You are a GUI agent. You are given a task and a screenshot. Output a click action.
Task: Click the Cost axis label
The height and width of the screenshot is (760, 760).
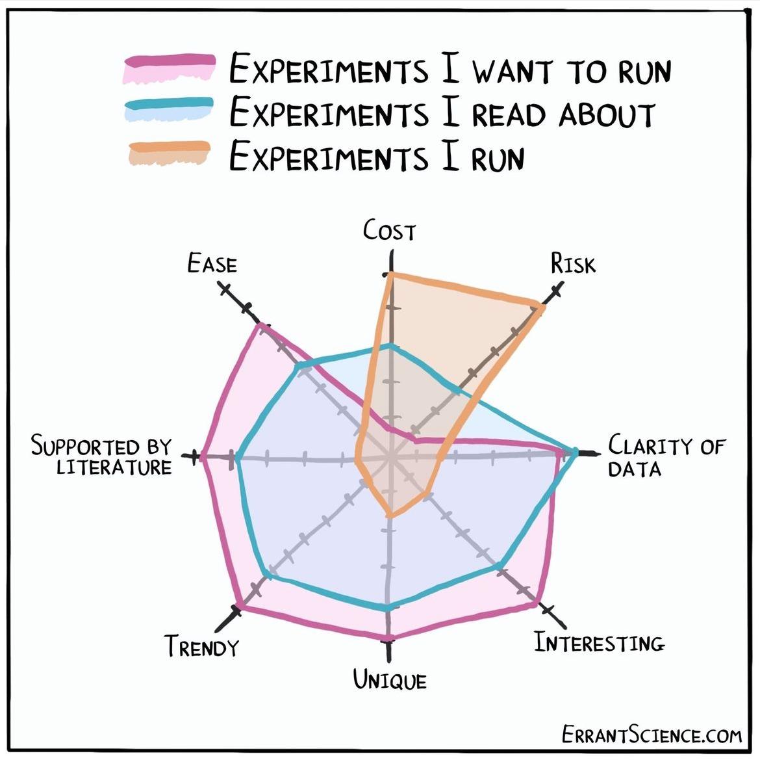388,231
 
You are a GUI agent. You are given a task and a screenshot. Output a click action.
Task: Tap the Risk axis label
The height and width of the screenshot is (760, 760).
572,264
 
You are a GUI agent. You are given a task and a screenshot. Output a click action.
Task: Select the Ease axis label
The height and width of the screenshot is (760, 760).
212,264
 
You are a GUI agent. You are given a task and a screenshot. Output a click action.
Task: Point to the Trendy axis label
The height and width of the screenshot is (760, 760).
201,647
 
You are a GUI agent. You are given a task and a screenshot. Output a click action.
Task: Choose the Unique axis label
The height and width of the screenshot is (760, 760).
390,680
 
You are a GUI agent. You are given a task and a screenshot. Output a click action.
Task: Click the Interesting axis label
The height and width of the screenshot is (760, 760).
599,643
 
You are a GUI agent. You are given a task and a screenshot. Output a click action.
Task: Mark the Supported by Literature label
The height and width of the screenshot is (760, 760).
102,457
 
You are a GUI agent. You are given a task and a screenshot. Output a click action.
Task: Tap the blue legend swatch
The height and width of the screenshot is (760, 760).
169,111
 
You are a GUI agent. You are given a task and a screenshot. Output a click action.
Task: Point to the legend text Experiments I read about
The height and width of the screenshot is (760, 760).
442,113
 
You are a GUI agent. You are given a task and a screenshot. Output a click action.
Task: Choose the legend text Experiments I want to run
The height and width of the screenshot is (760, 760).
450,70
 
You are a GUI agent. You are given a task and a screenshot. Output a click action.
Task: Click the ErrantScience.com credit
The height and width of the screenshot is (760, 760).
651,735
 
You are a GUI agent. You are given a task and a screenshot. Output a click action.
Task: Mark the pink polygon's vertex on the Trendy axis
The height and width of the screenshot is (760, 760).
240,606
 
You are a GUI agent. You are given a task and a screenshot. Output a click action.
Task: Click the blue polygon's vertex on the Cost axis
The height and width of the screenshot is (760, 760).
390,346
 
